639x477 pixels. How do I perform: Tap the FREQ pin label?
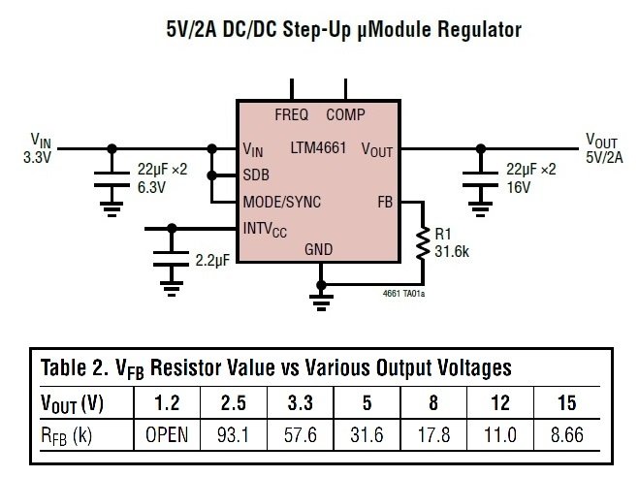291,114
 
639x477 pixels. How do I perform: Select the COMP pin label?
345,114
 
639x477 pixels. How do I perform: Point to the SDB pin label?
256,175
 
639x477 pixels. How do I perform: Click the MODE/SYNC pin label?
282,203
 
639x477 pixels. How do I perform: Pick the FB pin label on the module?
385,203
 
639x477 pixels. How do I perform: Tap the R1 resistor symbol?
422,244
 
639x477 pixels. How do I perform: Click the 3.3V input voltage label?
34,156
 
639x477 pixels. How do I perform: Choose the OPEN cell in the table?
166,435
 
